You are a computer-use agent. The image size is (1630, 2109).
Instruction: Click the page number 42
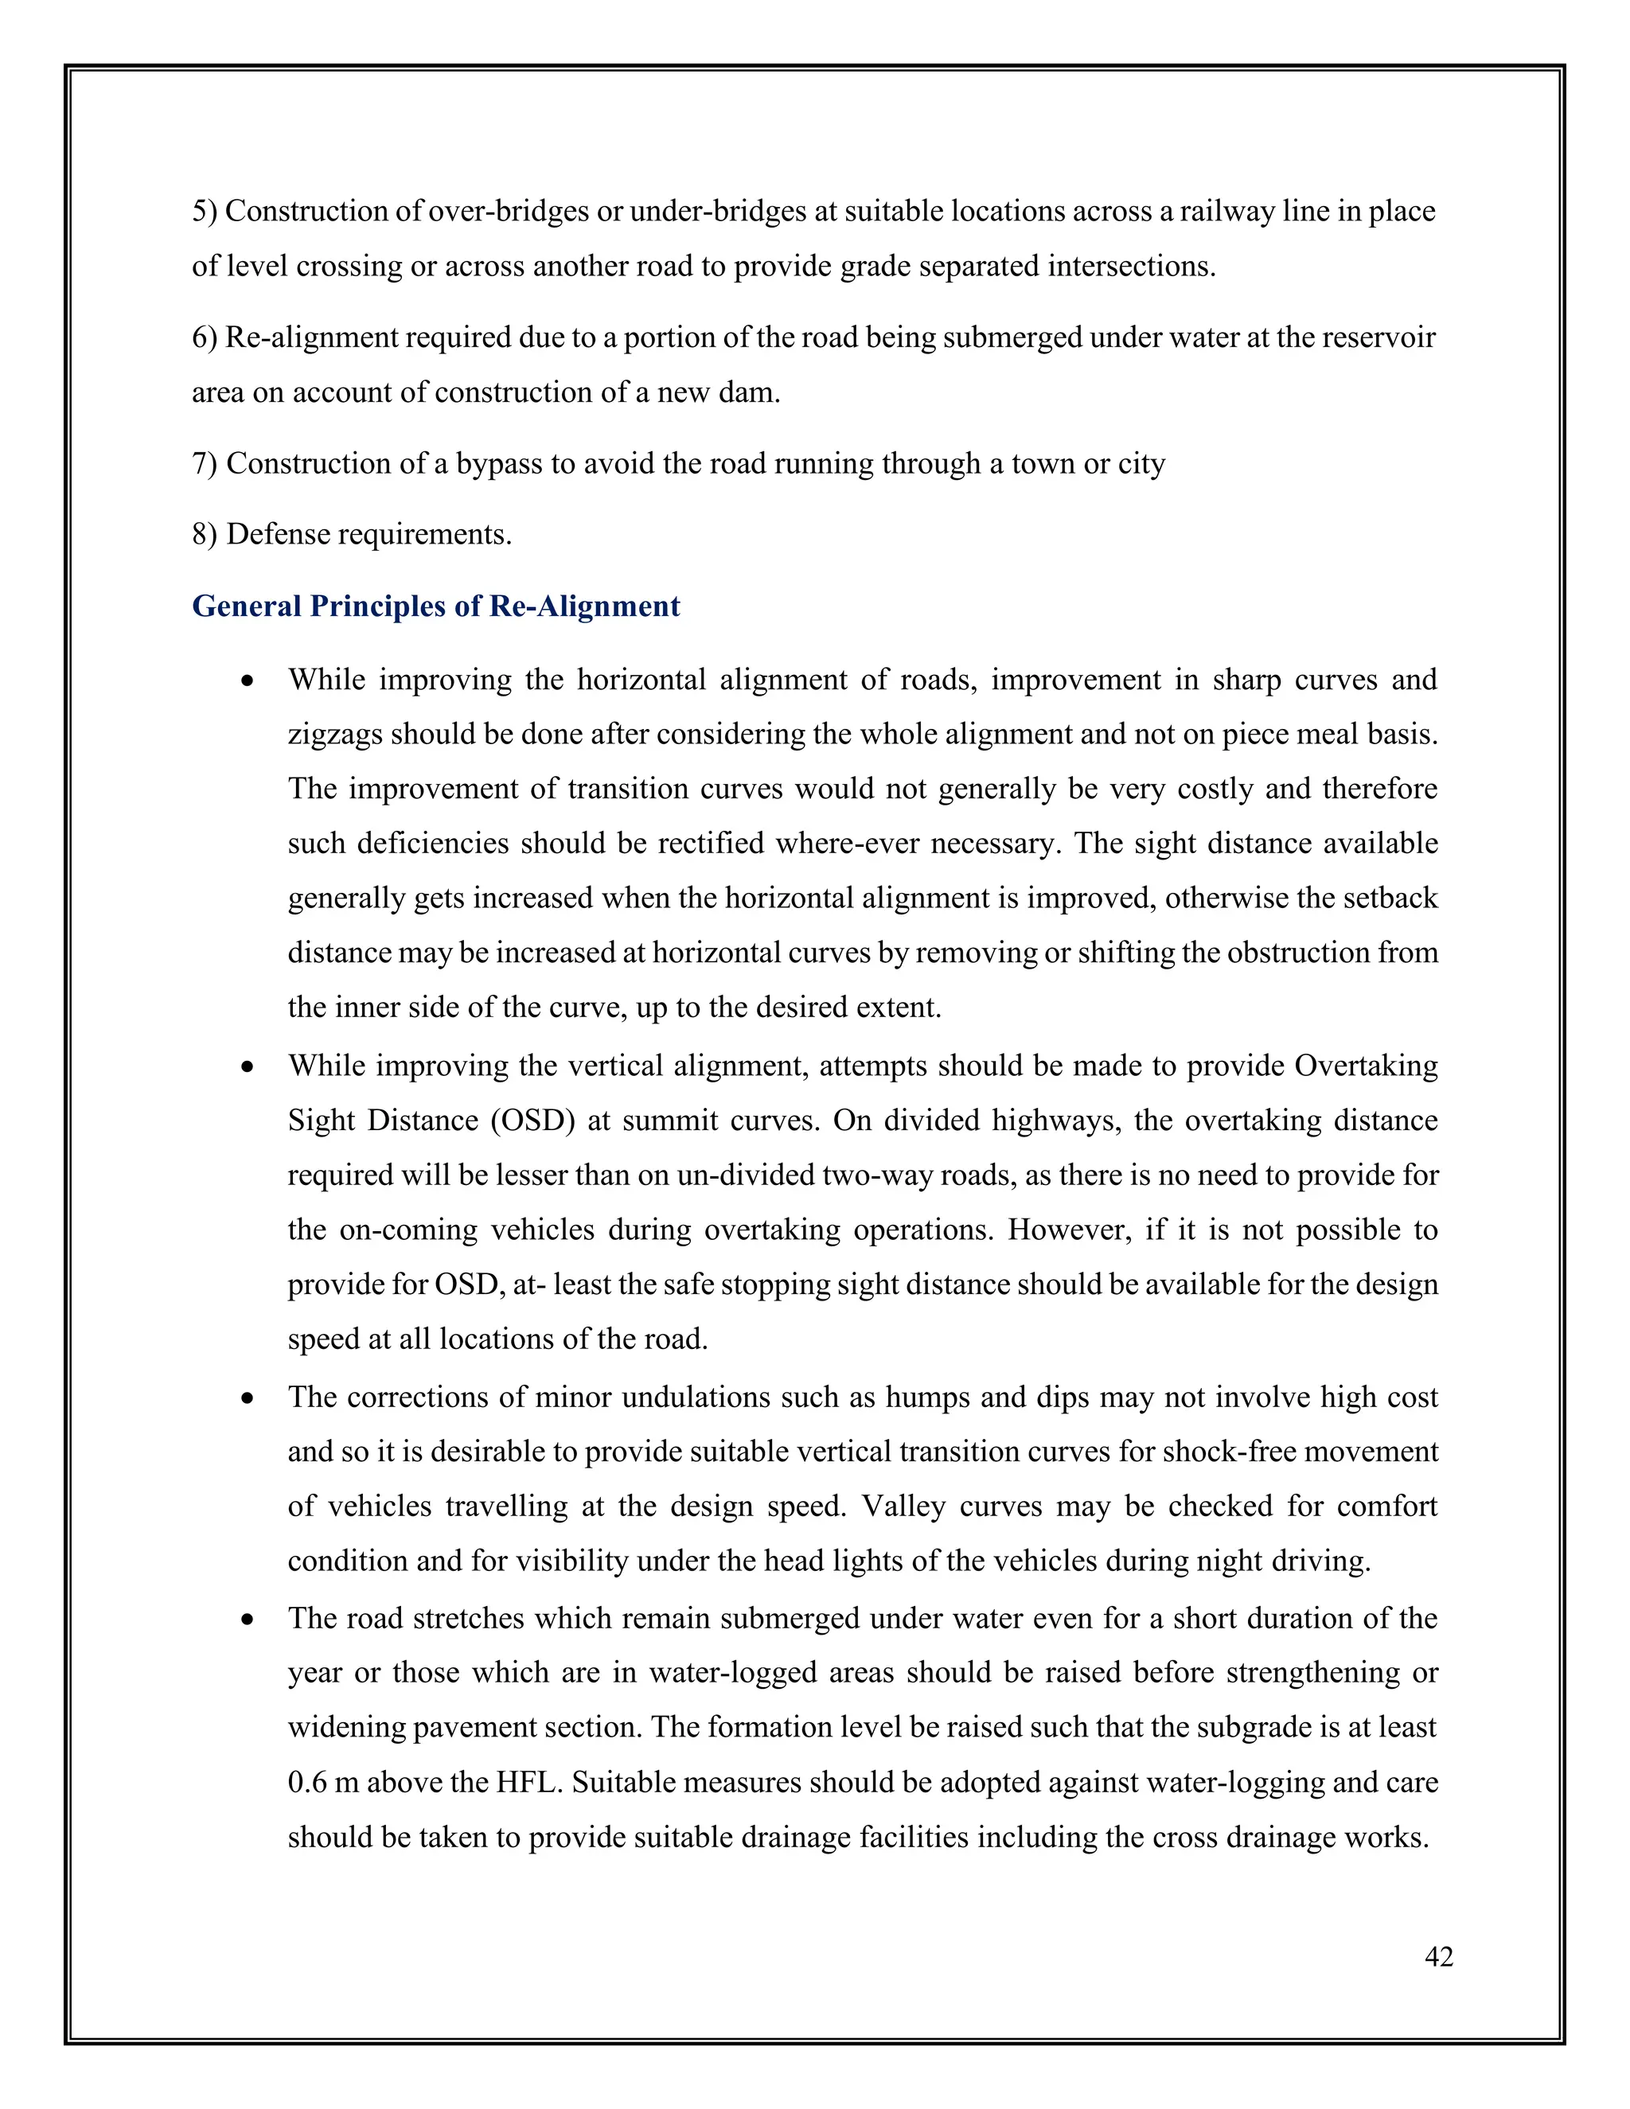tap(1438, 1956)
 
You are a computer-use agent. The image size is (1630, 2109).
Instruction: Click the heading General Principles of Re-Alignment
tap(435, 606)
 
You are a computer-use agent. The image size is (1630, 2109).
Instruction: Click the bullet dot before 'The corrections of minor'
tap(248, 1398)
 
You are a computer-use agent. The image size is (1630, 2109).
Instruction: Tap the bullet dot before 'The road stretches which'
tap(248, 1620)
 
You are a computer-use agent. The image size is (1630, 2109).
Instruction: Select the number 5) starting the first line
tap(205, 212)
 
